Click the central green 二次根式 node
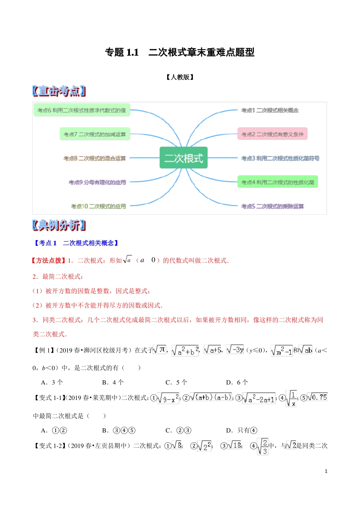click(183, 158)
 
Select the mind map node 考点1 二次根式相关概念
click(270, 110)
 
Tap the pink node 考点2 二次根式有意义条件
click(272, 134)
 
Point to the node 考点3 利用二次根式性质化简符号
click(280, 158)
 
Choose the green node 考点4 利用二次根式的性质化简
click(277, 182)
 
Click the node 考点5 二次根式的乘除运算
click(272, 206)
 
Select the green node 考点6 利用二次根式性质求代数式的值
click(82, 110)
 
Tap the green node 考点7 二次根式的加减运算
click(95, 134)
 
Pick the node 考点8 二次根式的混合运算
click(95, 158)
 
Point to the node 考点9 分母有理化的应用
click(97, 182)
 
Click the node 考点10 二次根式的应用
click(99, 206)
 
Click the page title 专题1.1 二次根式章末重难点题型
click(180, 52)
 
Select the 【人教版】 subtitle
click(180, 77)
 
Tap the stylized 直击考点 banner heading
click(59, 91)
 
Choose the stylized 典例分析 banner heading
click(59, 225)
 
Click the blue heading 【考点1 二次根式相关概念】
click(76, 243)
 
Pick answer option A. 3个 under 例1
click(52, 382)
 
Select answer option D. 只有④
click(241, 430)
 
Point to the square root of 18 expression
click(235, 445)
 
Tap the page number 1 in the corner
click(326, 471)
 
